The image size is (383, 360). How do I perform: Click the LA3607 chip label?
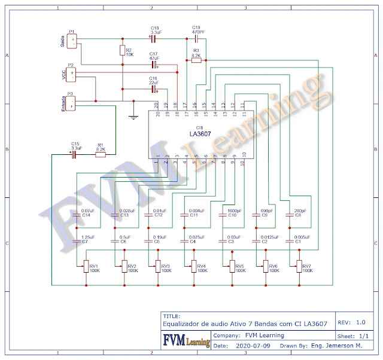coord(199,134)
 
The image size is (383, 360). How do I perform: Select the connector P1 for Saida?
coord(72,41)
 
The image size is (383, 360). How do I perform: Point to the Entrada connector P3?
coord(72,103)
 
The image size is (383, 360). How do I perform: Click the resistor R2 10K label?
coord(129,52)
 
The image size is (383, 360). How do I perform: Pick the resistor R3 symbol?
coord(196,60)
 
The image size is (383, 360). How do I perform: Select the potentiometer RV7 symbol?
coord(297,266)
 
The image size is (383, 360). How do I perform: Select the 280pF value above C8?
coord(300,210)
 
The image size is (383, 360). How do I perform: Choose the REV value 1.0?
coord(360,322)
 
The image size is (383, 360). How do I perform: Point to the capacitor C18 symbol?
coord(153,39)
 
